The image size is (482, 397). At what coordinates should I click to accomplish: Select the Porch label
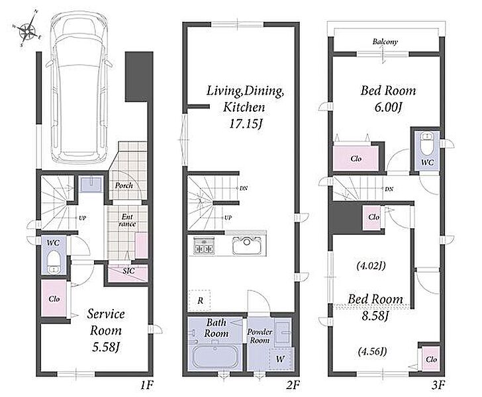(124, 185)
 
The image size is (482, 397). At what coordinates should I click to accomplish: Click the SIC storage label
(128, 271)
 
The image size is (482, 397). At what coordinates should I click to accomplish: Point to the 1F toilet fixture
(54, 262)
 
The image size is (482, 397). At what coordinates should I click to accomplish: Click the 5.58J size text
(106, 347)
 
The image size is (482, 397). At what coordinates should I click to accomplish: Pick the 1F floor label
(146, 385)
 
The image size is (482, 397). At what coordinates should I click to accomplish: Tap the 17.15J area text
(246, 124)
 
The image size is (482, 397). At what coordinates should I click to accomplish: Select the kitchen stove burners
(203, 245)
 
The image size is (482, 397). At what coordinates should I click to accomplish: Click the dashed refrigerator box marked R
(199, 300)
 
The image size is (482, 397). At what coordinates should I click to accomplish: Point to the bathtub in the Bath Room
(215, 357)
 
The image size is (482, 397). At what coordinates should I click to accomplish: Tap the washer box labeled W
(280, 358)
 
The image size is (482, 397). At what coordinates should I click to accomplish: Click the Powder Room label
(260, 336)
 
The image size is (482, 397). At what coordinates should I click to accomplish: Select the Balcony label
(385, 42)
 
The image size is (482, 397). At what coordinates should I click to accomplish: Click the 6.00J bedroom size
(388, 108)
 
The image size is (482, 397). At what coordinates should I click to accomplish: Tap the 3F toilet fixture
(426, 144)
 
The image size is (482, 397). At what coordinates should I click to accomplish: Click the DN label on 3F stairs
(389, 189)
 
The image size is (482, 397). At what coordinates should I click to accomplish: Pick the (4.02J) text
(371, 265)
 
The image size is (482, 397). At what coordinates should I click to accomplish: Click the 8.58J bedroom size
(375, 316)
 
